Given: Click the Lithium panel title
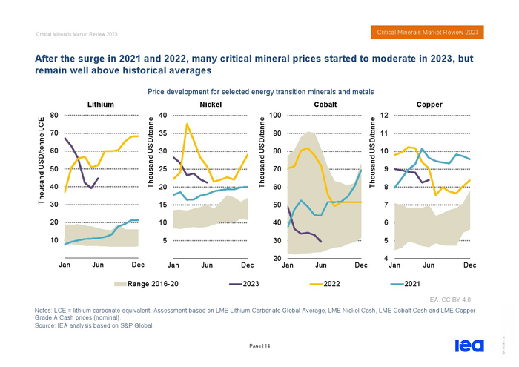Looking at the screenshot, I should click(101, 105).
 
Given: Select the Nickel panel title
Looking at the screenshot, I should click(211, 105).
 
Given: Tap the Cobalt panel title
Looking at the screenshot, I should click(325, 105).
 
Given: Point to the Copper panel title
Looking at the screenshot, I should click(429, 105).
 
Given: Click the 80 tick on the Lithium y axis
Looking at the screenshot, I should click(54, 115).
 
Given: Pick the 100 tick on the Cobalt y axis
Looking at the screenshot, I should click(275, 115).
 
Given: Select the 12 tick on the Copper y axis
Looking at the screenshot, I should click(384, 115).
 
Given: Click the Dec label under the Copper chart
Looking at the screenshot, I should click(469, 265).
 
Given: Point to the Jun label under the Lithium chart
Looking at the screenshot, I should click(98, 265).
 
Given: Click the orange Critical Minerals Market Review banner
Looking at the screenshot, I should click(428, 33).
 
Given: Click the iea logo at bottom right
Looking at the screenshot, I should click(469, 345).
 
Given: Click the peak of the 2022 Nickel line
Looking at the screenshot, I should click(187, 124).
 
